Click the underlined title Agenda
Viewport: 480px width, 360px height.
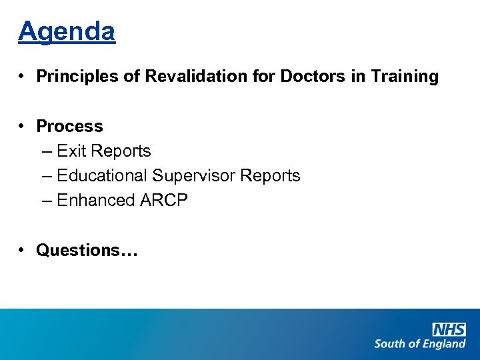[67, 31]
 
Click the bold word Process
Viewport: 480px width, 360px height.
[69, 126]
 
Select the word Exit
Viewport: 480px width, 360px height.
[71, 151]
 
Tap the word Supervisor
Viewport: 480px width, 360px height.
[193, 176]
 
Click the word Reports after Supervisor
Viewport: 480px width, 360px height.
[270, 176]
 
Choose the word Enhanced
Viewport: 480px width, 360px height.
[95, 201]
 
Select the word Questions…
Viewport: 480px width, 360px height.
[87, 250]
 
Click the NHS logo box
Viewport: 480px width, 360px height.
[449, 329]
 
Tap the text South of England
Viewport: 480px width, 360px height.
[419, 344]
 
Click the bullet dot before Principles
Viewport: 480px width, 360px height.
[23, 77]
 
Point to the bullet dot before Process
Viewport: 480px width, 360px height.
[23, 126]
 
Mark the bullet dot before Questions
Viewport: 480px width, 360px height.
[23, 250]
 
